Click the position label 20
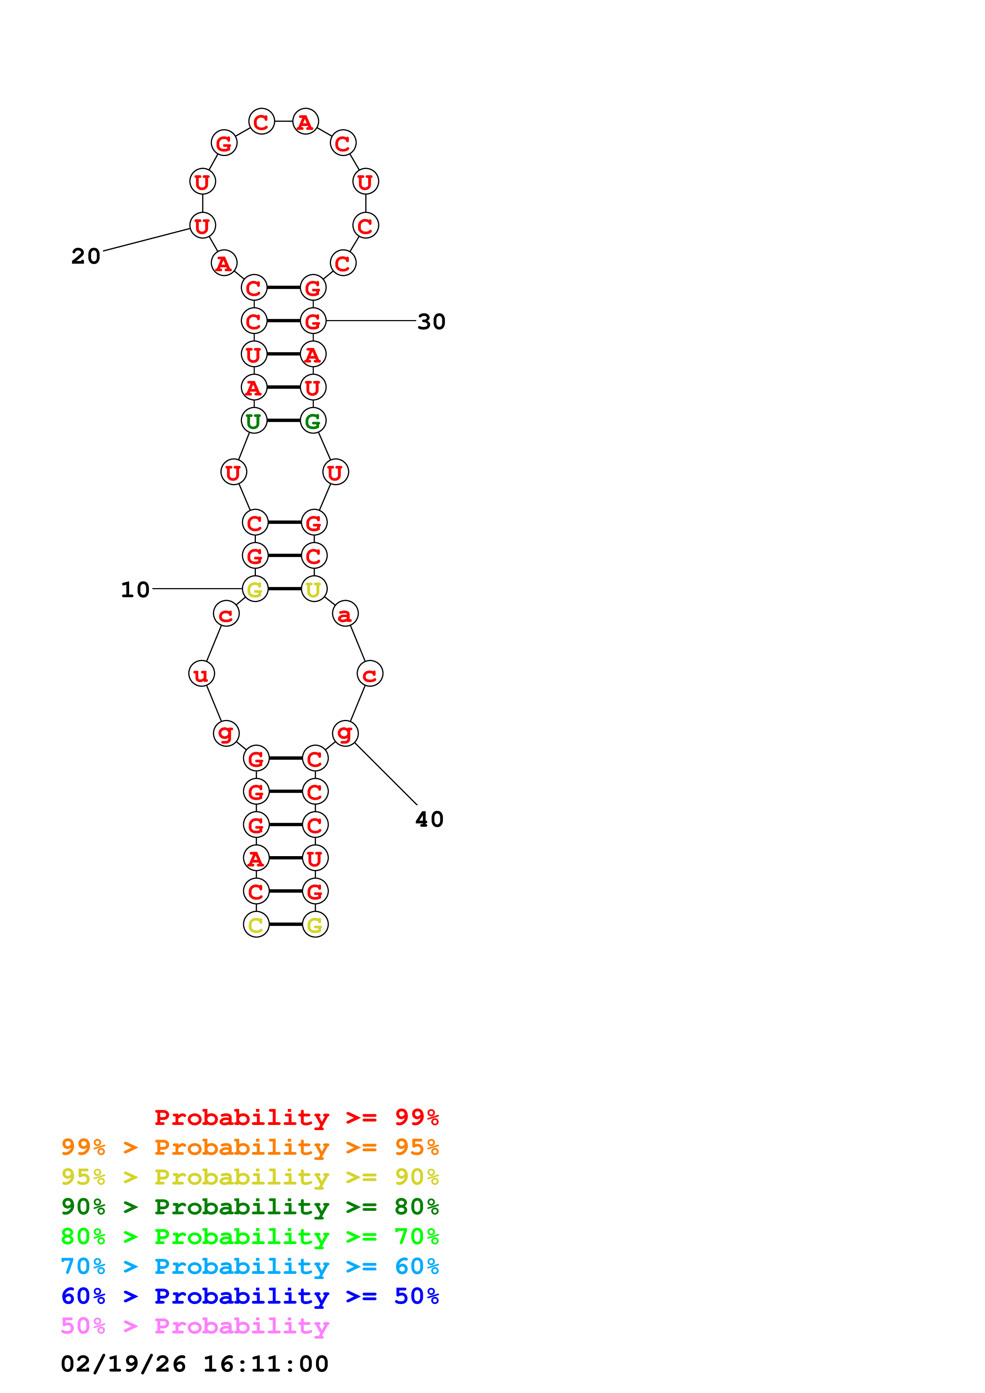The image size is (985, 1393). coord(85,256)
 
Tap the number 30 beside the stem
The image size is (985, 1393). coord(432,322)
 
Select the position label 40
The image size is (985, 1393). coord(429,819)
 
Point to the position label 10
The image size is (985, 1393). coord(135,589)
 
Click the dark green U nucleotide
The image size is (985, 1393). coord(254,421)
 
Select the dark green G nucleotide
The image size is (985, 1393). coord(313,421)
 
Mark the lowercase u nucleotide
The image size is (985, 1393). coord(201,673)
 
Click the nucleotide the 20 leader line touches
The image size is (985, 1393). coord(202,226)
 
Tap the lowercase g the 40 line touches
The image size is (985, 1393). coord(345,733)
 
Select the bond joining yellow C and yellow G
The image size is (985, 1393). coord(285,924)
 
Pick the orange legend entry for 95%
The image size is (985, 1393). coord(250,1147)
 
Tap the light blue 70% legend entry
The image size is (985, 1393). coord(250,1266)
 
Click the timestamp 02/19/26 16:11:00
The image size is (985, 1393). coord(194,1364)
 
